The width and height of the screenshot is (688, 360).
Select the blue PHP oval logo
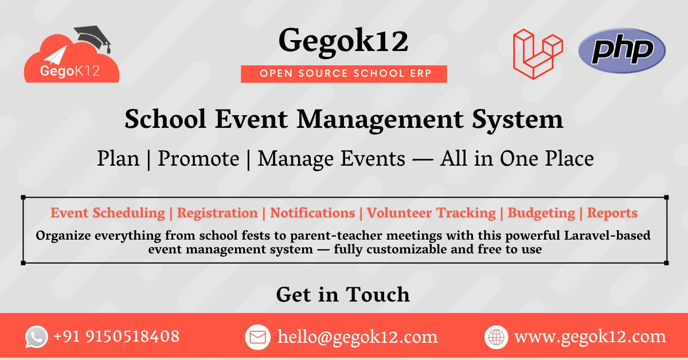[x=622, y=51]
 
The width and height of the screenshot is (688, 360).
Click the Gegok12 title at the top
[x=343, y=42]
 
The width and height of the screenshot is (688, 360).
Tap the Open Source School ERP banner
[x=344, y=73]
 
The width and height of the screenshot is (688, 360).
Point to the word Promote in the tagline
[x=198, y=159]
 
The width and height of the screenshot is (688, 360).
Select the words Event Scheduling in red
[x=108, y=213]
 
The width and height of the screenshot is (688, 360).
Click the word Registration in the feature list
[x=217, y=213]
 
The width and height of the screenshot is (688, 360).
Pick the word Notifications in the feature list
[x=312, y=213]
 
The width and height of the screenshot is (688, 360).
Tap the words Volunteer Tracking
[x=431, y=213]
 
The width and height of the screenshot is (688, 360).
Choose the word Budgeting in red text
[x=541, y=213]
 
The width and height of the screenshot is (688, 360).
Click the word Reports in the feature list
[x=612, y=213]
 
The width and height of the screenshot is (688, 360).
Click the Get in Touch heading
[x=343, y=295]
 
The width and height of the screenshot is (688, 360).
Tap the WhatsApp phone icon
[x=37, y=337]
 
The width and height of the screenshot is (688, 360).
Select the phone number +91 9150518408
[x=116, y=336]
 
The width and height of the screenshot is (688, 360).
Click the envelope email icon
[x=257, y=337]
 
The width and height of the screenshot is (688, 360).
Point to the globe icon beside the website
[x=496, y=337]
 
